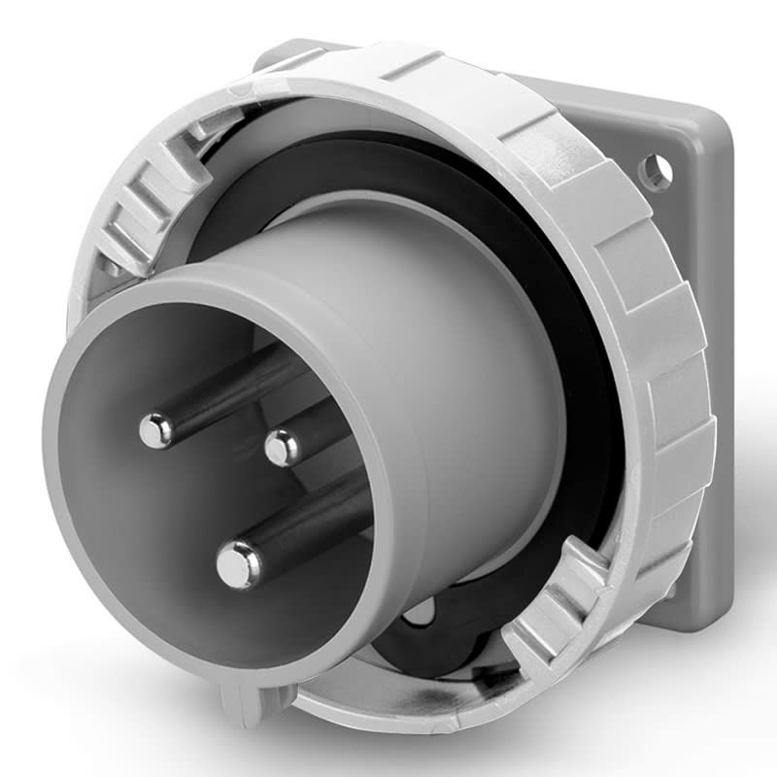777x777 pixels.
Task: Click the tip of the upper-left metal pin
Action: [x=155, y=429]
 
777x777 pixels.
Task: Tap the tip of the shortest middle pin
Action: [x=282, y=447]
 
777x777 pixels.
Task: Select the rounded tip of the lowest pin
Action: [x=237, y=564]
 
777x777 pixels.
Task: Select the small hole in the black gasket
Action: [x=420, y=612]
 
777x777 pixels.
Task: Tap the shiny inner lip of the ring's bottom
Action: [x=408, y=694]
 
